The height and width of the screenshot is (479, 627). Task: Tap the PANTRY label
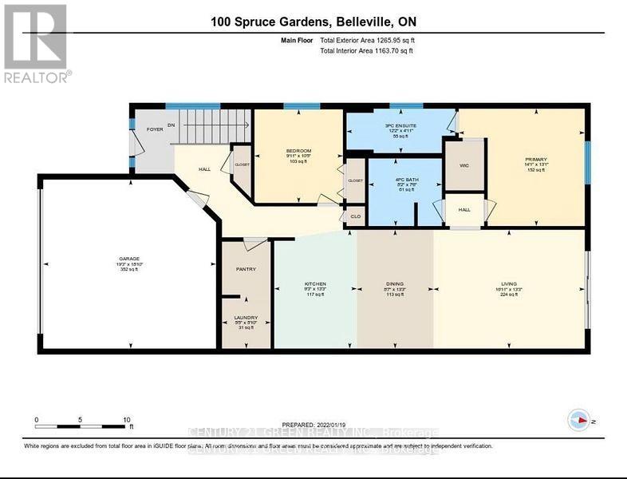tap(246, 269)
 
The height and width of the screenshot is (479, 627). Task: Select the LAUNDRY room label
tap(246, 316)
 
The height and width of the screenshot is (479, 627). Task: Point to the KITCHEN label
tap(315, 284)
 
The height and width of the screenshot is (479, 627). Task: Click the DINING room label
tap(395, 284)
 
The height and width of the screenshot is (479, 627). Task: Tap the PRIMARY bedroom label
tap(534, 159)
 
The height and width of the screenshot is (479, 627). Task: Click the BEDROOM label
tap(298, 151)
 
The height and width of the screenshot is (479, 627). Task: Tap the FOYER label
tap(154, 129)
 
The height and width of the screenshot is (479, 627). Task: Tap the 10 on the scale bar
tap(127, 418)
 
